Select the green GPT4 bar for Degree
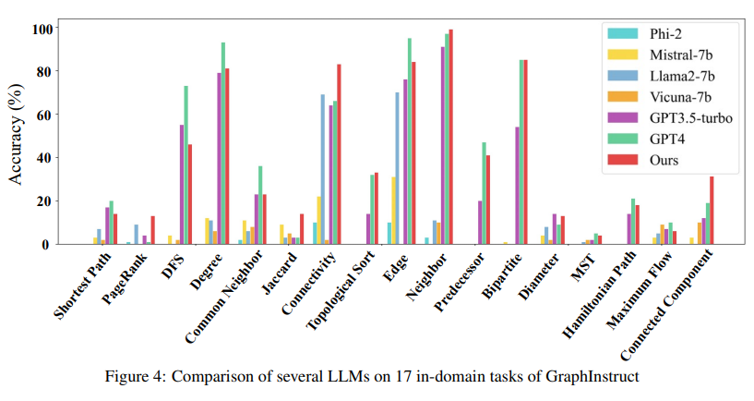pos(222,143)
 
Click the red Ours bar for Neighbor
pos(450,137)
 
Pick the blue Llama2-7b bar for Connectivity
pos(322,169)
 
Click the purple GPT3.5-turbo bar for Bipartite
pos(517,185)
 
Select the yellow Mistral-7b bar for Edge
pos(393,211)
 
